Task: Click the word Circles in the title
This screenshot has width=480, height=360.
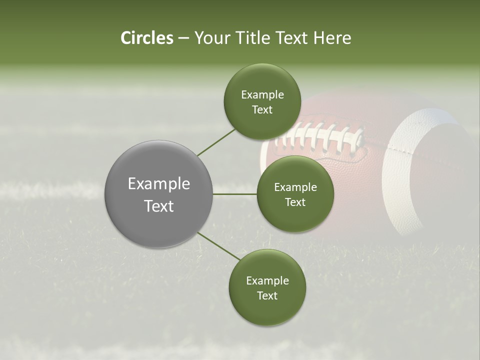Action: pyautogui.click(x=147, y=38)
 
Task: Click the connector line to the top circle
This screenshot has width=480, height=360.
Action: pyautogui.click(x=216, y=142)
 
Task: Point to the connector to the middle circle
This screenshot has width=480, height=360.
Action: pyautogui.click(x=235, y=193)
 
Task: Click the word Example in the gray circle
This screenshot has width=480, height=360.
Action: pyautogui.click(x=158, y=183)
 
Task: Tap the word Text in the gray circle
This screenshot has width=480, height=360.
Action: pyautogui.click(x=158, y=206)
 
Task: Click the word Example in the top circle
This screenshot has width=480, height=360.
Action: pyautogui.click(x=262, y=94)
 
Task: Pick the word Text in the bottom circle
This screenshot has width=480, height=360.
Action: pyautogui.click(x=267, y=295)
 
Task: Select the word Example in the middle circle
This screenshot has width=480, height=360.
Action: pyautogui.click(x=295, y=187)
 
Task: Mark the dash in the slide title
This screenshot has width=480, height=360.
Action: pyautogui.click(x=183, y=38)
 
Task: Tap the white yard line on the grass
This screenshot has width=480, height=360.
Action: pyautogui.click(x=50, y=190)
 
